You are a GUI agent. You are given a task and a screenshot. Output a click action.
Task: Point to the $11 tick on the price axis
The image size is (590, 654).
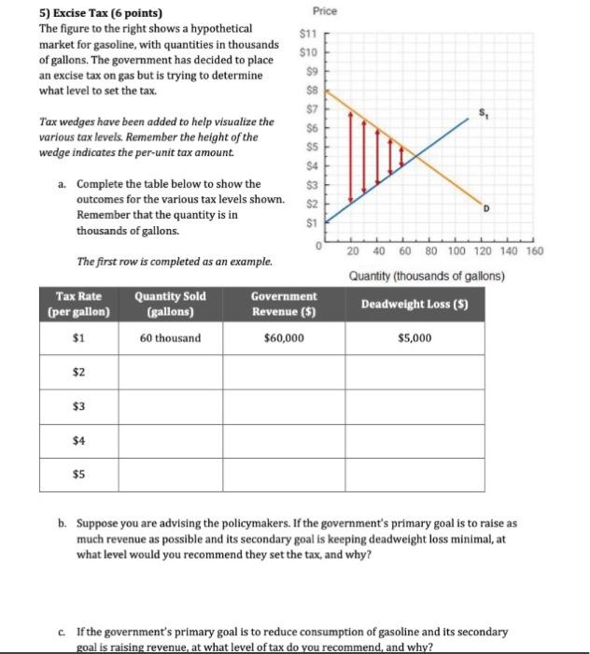(309, 35)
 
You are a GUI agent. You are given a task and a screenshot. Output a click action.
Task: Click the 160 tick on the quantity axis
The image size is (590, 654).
(533, 251)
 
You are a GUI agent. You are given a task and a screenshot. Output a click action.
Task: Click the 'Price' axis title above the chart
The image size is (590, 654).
(326, 11)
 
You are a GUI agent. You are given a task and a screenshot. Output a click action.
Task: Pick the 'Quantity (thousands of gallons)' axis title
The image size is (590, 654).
(426, 276)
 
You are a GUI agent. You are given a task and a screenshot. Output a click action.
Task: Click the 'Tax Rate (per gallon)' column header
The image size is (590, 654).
(78, 304)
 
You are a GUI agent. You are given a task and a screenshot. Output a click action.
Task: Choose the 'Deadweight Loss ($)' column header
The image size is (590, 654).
(427, 304)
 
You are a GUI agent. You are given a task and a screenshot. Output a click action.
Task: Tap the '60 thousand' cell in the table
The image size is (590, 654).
(170, 337)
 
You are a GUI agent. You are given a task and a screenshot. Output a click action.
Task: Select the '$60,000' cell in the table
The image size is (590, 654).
(284, 337)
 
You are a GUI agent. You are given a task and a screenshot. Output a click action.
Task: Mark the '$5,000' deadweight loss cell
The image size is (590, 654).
(414, 337)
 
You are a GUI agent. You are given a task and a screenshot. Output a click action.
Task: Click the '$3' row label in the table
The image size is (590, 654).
(78, 405)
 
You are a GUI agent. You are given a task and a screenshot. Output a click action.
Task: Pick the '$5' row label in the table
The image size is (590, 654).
(78, 474)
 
